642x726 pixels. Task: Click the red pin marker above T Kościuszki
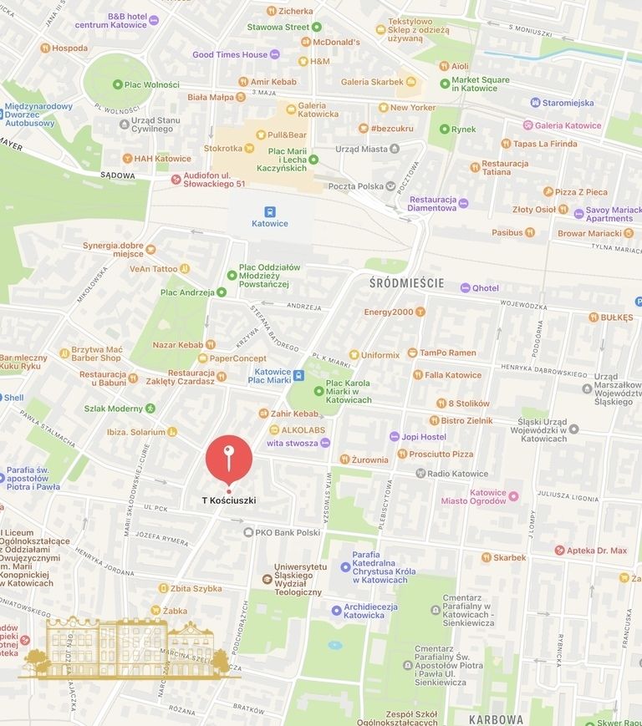(228, 458)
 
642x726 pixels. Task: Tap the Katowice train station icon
(270, 211)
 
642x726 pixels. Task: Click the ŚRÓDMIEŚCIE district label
(406, 283)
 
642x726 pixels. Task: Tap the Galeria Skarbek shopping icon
(410, 82)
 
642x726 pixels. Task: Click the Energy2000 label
(388, 312)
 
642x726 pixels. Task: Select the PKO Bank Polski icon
(248, 532)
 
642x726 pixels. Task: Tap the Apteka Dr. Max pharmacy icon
(560, 551)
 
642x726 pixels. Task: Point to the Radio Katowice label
(457, 474)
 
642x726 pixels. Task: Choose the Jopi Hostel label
(423, 436)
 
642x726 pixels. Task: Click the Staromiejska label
(568, 103)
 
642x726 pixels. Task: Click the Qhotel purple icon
(466, 288)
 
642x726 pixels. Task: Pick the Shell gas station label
(14, 398)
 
